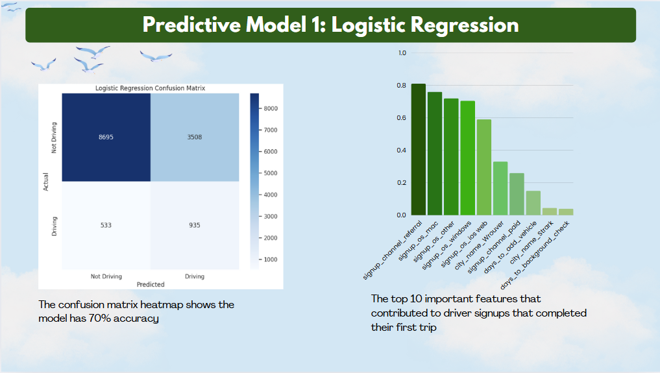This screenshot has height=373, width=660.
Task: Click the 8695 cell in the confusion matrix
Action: pyautogui.click(x=106, y=138)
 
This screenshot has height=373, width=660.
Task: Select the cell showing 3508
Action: pyautogui.click(x=194, y=138)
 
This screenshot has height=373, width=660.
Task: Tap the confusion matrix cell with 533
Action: pyautogui.click(x=106, y=226)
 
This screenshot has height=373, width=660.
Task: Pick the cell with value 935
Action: pyautogui.click(x=194, y=226)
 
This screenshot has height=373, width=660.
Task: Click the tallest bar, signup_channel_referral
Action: pyautogui.click(x=419, y=150)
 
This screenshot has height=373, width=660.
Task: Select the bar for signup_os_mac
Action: pyautogui.click(x=435, y=154)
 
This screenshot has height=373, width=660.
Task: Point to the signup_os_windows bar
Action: pyautogui.click(x=467, y=158)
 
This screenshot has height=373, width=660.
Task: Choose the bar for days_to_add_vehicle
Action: pyautogui.click(x=533, y=202)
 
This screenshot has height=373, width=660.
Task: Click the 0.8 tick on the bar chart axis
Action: pyautogui.click(x=402, y=86)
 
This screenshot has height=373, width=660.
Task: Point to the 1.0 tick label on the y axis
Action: pyautogui.click(x=402, y=53)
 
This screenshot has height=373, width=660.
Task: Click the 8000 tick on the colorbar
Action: pyautogui.click(x=273, y=108)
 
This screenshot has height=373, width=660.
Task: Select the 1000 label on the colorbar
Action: pyautogui.click(x=273, y=259)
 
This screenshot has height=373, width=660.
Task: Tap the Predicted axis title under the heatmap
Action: pyautogui.click(x=151, y=284)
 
